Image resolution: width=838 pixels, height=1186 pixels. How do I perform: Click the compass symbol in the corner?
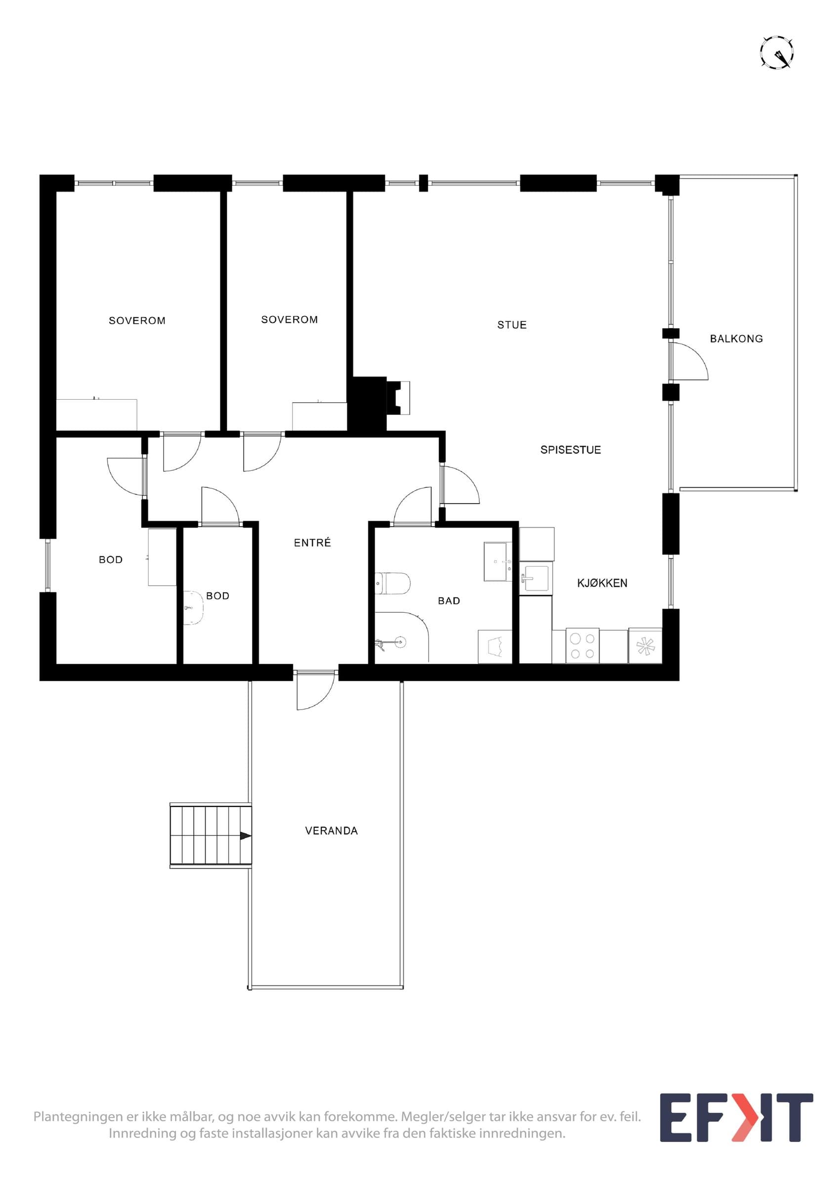[x=776, y=52]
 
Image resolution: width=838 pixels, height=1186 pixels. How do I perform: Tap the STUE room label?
[x=512, y=325]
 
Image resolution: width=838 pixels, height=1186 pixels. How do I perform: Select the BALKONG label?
[x=736, y=339]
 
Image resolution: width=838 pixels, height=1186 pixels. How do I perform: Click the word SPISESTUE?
[x=571, y=450]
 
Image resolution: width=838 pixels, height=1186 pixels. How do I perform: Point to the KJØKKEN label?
[x=602, y=583]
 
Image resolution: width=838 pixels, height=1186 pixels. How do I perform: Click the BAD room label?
[x=449, y=601]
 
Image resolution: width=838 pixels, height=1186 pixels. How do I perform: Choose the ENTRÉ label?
[x=312, y=543]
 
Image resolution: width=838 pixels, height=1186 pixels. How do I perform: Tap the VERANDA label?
[x=331, y=831]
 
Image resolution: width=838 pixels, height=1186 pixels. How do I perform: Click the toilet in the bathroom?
[x=392, y=584]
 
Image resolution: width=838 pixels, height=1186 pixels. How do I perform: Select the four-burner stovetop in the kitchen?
[x=583, y=646]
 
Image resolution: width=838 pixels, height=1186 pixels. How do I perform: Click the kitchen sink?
[x=536, y=578]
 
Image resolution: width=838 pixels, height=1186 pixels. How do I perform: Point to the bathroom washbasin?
[x=498, y=561]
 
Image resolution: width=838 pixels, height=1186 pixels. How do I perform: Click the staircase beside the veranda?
[x=210, y=835]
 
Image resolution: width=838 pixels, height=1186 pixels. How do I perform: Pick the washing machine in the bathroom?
[x=495, y=647]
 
